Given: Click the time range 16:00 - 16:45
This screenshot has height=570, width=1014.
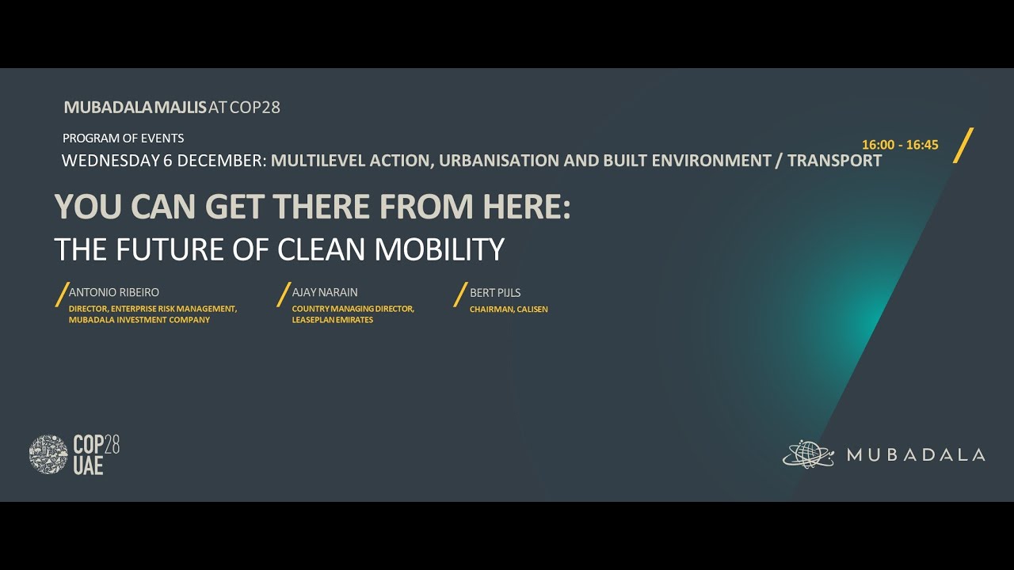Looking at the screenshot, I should (x=900, y=145).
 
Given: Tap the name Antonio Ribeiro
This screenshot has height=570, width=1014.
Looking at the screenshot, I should (x=114, y=292).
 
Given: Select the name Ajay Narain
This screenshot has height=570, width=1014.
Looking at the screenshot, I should (x=325, y=292).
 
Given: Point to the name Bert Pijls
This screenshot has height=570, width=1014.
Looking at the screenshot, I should (x=495, y=292).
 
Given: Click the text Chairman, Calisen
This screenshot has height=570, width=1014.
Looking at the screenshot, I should (x=509, y=309).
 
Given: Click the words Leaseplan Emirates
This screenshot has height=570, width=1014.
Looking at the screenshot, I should (x=332, y=320).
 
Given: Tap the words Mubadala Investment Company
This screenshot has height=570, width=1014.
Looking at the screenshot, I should (x=139, y=320).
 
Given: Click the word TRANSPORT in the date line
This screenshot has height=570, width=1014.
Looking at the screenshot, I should (x=834, y=161).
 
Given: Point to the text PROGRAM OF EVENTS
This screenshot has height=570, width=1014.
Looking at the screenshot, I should (x=123, y=138).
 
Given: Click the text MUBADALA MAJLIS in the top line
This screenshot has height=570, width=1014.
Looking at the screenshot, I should (x=135, y=107).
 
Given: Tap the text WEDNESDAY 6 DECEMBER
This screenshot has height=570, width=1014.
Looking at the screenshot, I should (x=163, y=161).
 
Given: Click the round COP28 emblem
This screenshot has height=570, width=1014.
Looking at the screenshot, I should (x=48, y=454).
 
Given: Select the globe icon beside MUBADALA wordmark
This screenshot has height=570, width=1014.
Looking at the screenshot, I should (x=808, y=454).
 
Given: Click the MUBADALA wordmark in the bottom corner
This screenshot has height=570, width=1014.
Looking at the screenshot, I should (x=916, y=454).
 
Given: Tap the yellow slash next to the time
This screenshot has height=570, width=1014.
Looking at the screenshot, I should (x=963, y=145).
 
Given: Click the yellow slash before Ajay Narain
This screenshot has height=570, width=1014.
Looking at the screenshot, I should (x=284, y=294).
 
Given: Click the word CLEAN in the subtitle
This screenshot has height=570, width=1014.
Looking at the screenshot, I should (x=322, y=249).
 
